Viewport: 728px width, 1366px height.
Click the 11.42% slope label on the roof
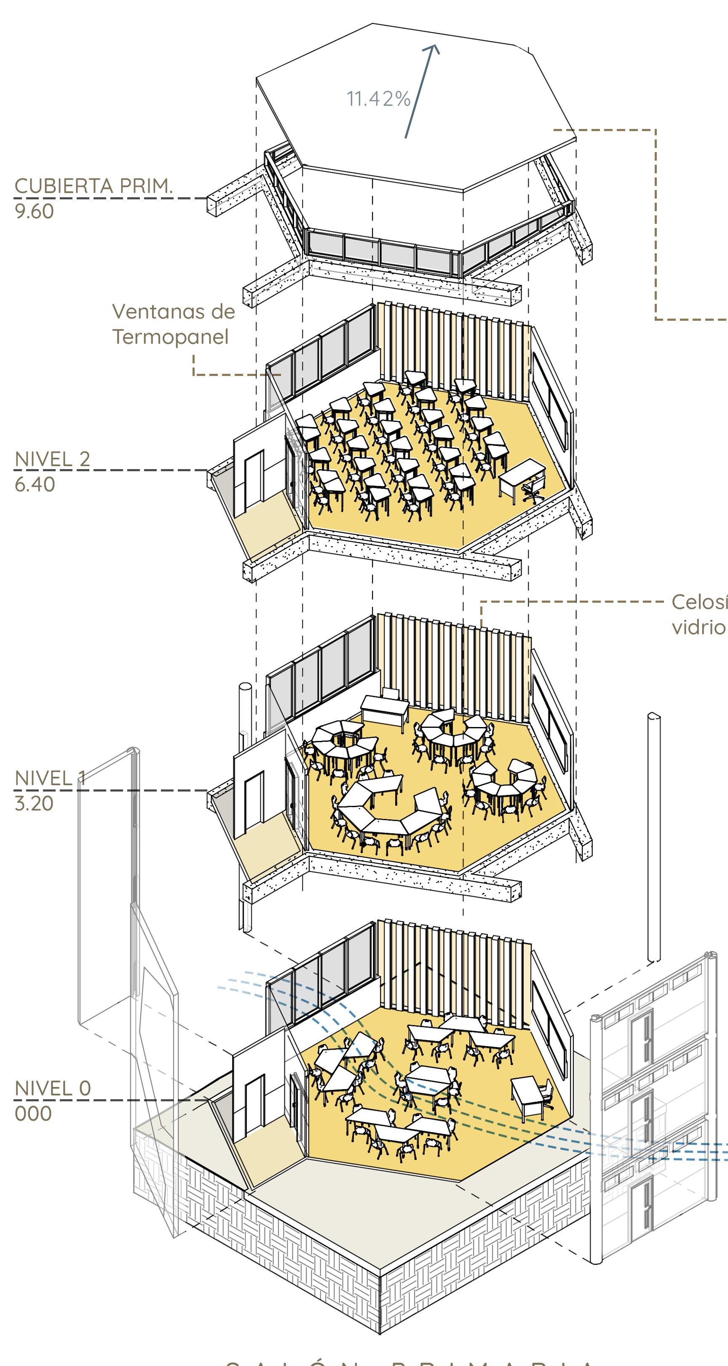pyautogui.click(x=379, y=99)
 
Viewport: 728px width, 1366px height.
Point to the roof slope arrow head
pyautogui.click(x=434, y=49)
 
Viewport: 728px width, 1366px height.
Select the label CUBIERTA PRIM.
pyautogui.click(x=94, y=186)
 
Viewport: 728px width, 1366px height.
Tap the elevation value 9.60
pyautogui.click(x=34, y=212)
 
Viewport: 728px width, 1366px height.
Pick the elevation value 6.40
pyautogui.click(x=35, y=484)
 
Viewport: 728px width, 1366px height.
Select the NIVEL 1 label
pyautogui.click(x=51, y=778)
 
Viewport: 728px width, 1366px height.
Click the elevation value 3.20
pyautogui.click(x=34, y=803)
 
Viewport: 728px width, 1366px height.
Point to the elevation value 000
pyautogui.click(x=33, y=1114)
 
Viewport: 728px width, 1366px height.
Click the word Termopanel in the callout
pyautogui.click(x=170, y=337)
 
